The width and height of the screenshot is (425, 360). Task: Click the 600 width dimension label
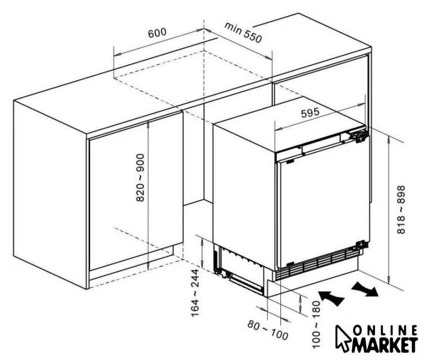pos(157,33)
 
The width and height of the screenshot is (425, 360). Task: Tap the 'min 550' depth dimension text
pos(243,33)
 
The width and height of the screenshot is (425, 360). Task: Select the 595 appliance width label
pos(310,112)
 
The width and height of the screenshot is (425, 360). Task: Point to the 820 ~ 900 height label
pos(140,178)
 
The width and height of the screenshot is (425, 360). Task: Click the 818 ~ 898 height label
pos(401,209)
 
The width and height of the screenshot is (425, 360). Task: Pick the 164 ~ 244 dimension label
pos(195,293)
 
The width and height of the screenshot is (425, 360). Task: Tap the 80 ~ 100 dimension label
pos(267,330)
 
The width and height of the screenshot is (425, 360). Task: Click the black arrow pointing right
pos(365,289)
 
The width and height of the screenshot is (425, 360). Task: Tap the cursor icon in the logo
pos(343,338)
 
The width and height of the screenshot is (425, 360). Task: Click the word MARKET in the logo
pos(384,345)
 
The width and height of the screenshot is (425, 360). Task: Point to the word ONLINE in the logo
pos(385,331)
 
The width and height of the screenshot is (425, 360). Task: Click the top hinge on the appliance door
pos(360,136)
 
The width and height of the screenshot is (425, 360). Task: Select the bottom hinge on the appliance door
pos(362,245)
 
